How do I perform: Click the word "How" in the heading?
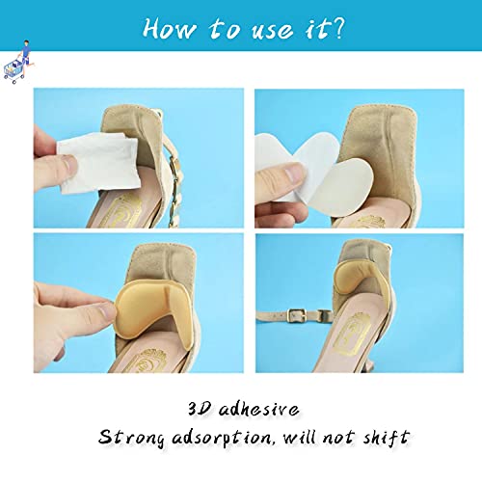coord(170,28)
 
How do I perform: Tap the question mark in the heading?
coord(336,28)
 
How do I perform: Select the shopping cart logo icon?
coord(18,62)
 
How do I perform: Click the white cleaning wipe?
coord(98,163)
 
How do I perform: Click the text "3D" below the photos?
coord(200,409)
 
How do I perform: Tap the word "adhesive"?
coord(259,410)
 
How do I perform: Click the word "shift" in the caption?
coord(387,437)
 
